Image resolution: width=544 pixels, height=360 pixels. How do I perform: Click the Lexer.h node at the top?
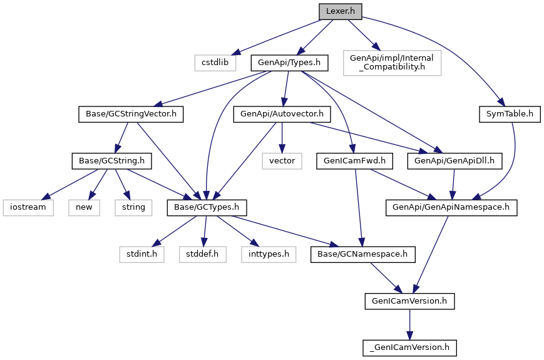341,11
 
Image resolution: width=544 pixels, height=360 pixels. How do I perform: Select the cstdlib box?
215,63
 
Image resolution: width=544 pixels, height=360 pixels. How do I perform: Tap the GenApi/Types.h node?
289,63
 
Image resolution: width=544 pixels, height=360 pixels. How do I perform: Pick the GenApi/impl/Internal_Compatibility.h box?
392,63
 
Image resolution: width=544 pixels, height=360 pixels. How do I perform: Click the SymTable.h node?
510,114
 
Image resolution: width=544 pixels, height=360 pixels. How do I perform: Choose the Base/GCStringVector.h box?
131,114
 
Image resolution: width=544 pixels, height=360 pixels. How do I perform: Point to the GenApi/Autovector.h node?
282,114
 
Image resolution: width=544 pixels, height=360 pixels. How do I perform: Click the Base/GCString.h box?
111,162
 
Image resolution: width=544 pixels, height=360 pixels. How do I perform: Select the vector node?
282,162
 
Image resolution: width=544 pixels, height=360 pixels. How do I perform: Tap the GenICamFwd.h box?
354,162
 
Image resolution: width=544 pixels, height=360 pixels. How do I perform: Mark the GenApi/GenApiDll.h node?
454,162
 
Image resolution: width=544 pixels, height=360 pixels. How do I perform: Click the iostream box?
28,208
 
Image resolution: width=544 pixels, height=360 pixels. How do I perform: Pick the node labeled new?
85,208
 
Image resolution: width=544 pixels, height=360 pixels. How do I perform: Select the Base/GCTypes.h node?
207,208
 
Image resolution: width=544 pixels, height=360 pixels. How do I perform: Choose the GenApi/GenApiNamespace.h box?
451,208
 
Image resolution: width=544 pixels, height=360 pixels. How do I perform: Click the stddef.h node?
203,255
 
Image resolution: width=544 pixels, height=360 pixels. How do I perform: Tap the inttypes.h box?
269,255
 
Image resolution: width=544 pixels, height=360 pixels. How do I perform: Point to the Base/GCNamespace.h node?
363,255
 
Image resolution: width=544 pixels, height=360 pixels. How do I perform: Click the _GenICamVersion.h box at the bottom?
410,348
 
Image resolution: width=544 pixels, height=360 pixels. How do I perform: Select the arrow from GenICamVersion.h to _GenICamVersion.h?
410,324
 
